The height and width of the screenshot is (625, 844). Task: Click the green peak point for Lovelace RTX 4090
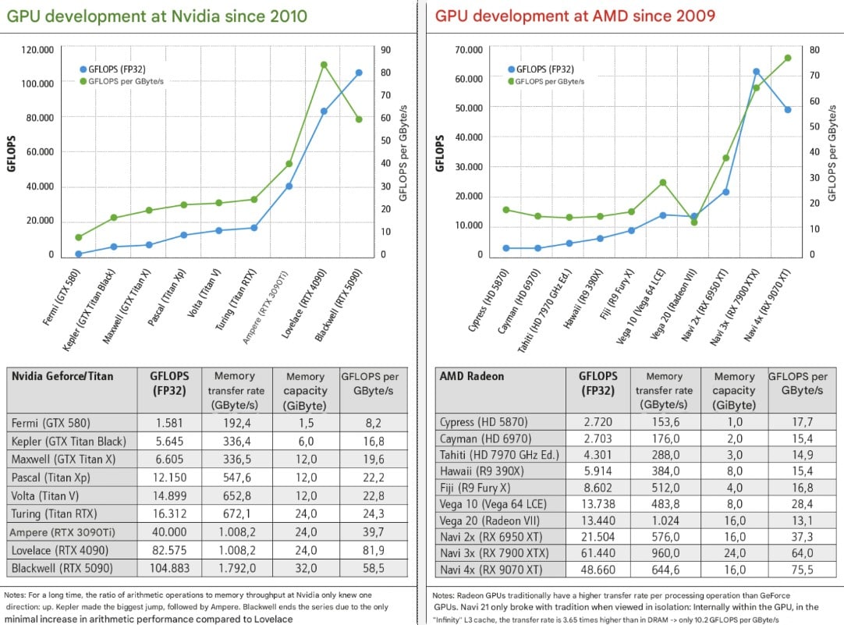click(324, 65)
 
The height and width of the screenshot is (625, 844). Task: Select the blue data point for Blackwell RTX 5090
click(359, 73)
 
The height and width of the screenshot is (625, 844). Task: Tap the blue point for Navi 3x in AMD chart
click(757, 72)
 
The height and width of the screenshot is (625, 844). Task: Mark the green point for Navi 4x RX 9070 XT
click(788, 59)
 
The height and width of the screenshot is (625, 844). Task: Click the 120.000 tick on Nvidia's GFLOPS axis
click(37, 50)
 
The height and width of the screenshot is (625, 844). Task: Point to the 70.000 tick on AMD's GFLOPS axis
click(469, 50)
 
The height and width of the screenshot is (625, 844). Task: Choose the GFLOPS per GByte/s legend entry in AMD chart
click(546, 82)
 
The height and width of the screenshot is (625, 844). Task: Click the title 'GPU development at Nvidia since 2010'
click(157, 16)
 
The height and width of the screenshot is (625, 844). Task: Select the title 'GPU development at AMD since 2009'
click(575, 16)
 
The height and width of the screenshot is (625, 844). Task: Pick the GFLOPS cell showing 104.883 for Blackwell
click(169, 569)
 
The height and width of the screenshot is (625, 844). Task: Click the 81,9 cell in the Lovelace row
click(373, 550)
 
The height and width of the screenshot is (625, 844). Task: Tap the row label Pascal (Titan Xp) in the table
click(51, 478)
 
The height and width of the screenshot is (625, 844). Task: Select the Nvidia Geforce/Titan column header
click(62, 376)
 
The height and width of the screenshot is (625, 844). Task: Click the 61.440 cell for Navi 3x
click(598, 553)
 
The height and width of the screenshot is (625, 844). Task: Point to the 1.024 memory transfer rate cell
click(665, 520)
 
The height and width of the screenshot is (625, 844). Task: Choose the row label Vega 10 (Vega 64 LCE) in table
click(493, 504)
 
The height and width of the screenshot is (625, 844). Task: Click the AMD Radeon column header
click(471, 376)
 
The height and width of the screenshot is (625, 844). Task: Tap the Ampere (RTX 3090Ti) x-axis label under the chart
click(265, 307)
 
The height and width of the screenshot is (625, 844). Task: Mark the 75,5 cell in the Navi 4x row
click(802, 570)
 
